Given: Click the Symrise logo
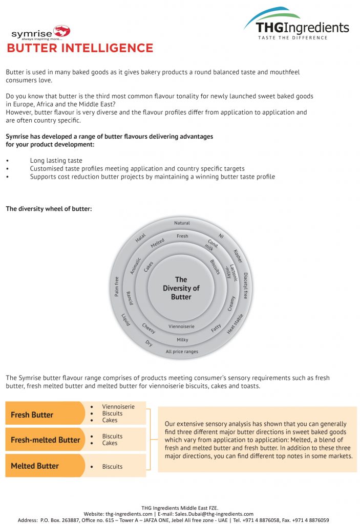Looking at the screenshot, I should click(40, 33).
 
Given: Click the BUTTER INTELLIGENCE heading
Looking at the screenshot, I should click(80, 49).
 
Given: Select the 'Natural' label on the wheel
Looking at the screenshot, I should click(182, 223).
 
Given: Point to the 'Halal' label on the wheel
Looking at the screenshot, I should click(141, 238).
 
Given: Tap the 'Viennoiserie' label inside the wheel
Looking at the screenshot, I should click(181, 326).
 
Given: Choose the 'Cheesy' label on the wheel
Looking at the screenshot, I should click(149, 329).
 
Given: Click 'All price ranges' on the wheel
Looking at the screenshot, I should click(182, 352).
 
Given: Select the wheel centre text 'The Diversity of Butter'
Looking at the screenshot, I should click(181, 288).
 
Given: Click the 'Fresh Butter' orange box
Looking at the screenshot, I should click(44, 414).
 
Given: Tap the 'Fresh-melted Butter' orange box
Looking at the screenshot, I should click(45, 440).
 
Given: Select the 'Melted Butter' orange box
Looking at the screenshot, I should click(44, 466).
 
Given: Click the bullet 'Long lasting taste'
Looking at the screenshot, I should click(56, 161).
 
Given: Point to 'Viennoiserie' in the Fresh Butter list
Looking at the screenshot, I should click(118, 407).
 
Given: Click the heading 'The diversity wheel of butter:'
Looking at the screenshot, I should click(49, 209).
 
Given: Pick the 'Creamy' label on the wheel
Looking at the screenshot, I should click(231, 303).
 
